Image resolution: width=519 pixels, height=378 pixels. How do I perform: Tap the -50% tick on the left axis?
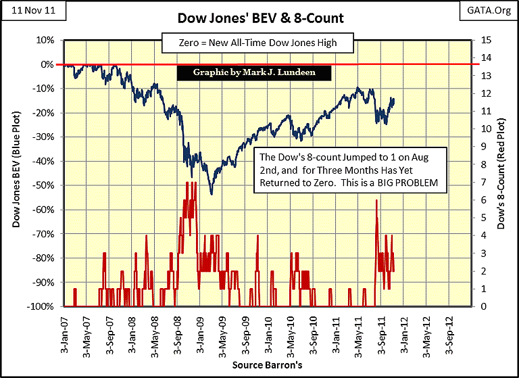tap(45, 185)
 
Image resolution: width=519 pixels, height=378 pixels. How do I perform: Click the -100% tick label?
tap(43, 306)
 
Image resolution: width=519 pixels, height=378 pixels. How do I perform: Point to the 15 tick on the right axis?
tap(485, 40)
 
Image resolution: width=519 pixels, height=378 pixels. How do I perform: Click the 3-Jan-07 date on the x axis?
tap(64, 331)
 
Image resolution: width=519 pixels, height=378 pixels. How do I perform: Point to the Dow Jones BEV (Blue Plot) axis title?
tap(14, 172)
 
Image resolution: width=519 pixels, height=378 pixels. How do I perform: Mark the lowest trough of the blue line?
tap(212, 195)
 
